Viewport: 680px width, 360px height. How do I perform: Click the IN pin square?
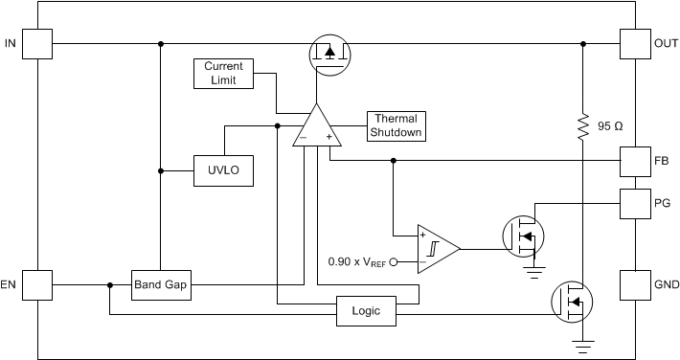tap(36, 43)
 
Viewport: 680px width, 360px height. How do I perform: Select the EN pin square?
tap(36, 284)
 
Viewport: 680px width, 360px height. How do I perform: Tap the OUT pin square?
tap(635, 43)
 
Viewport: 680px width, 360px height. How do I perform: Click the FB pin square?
tap(635, 161)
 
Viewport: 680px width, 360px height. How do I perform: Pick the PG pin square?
tap(635, 203)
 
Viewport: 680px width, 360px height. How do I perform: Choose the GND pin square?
tap(635, 284)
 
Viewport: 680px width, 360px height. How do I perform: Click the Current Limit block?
tap(223, 74)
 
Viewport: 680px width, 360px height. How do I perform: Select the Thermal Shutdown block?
tap(396, 125)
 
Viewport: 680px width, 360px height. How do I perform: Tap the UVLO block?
tap(223, 170)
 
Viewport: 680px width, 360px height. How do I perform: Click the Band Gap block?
tap(161, 284)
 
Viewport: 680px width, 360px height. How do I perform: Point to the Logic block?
tap(365, 312)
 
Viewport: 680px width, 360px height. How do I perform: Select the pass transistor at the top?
tap(329, 56)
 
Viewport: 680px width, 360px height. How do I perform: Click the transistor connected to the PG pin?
tap(523, 235)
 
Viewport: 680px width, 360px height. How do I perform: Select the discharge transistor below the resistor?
tap(572, 302)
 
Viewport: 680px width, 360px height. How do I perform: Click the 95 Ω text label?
tap(610, 126)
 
